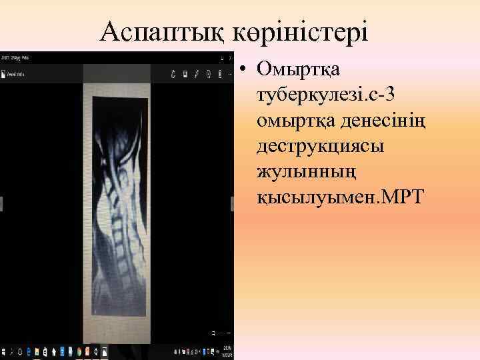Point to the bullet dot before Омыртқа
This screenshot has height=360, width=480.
(246, 68)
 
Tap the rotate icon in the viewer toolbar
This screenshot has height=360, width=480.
(173, 74)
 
